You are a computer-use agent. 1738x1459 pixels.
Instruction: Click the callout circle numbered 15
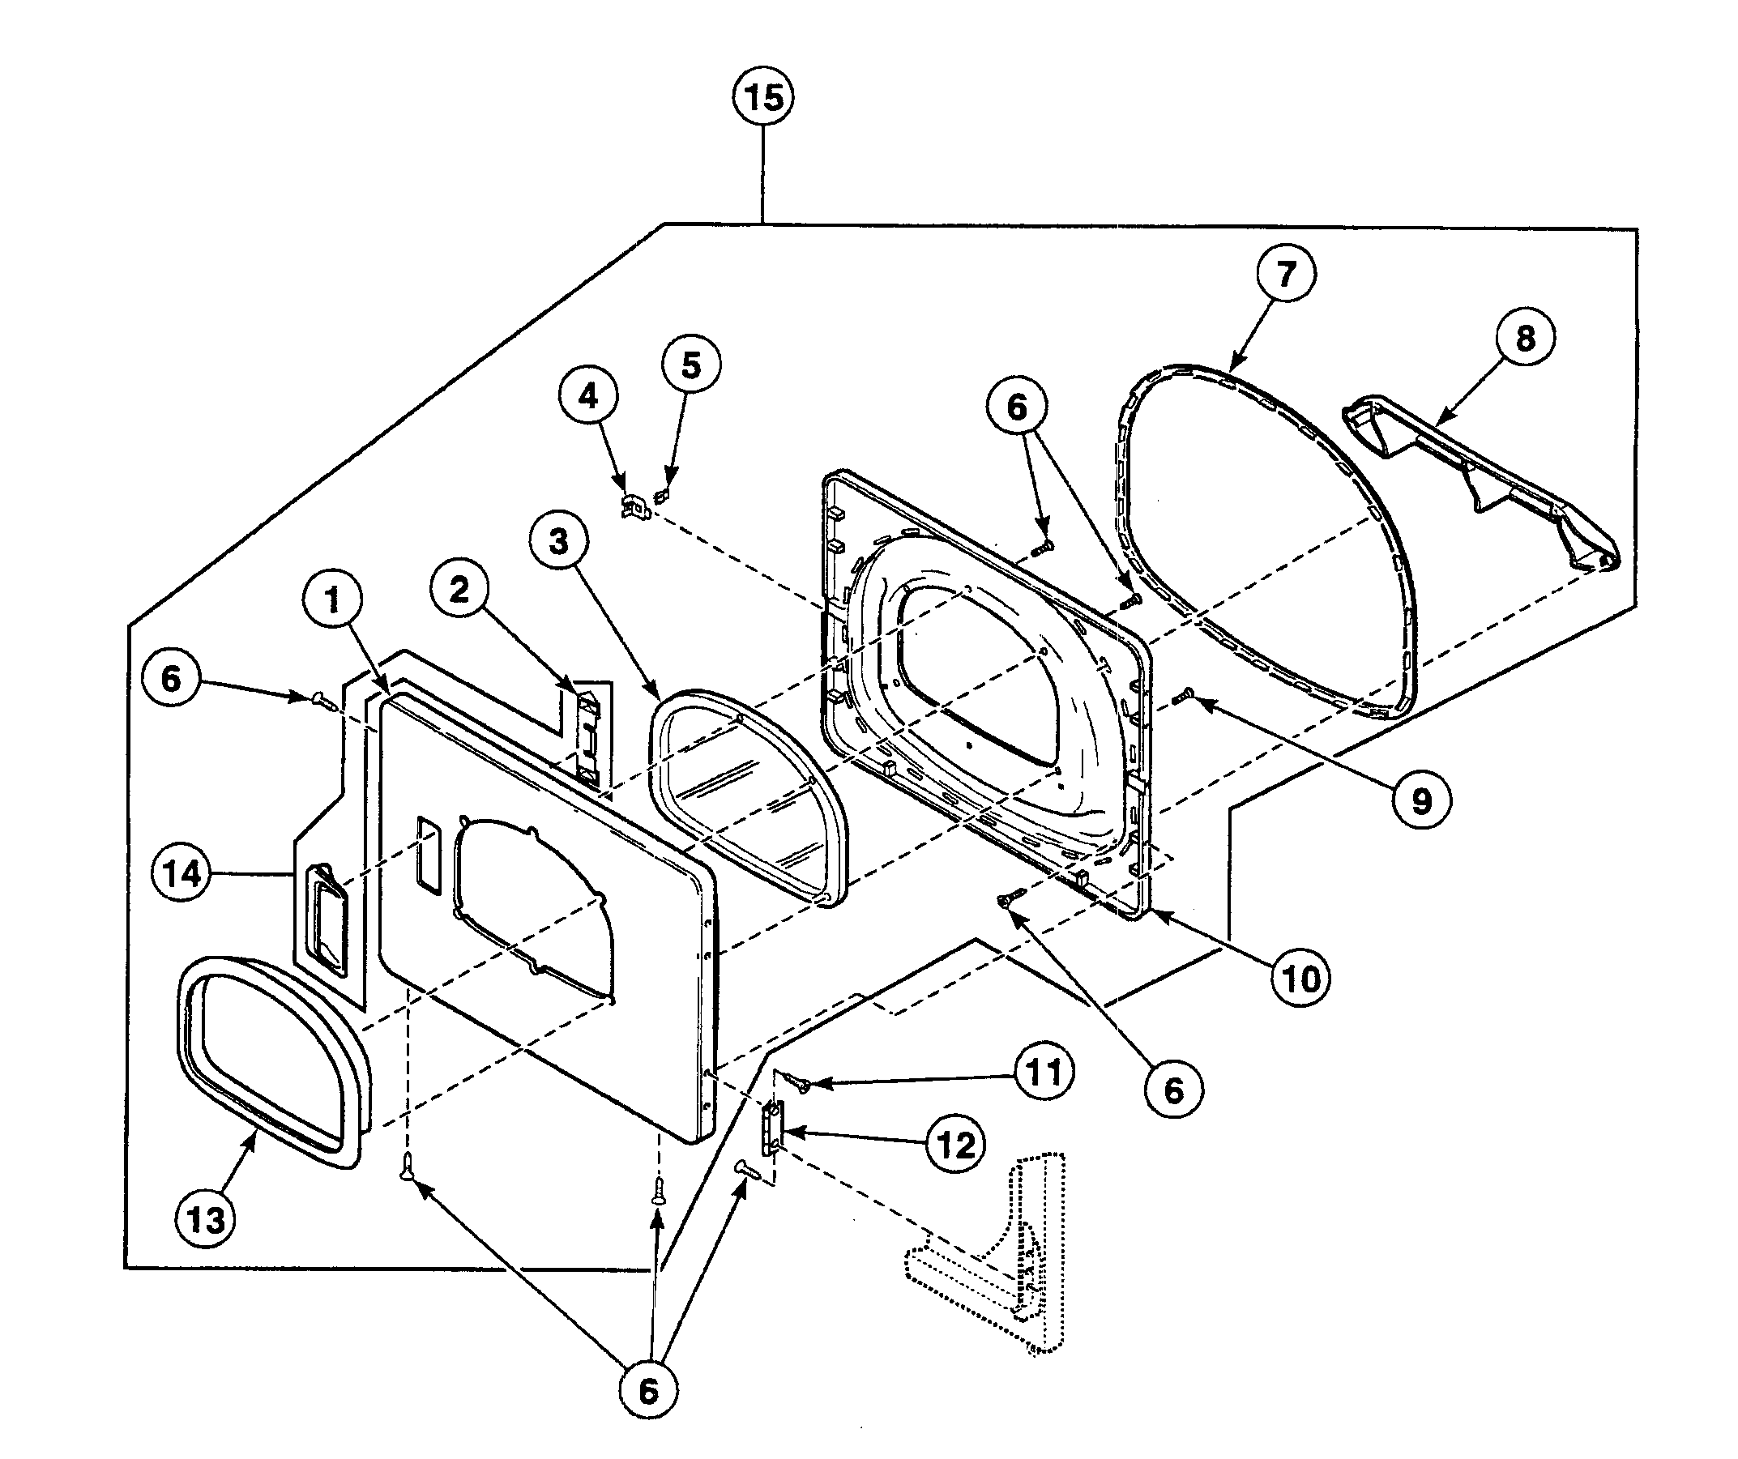coord(763,98)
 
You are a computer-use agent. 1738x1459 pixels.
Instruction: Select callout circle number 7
coord(1285,273)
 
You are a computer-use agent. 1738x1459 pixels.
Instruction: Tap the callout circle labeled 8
coord(1524,338)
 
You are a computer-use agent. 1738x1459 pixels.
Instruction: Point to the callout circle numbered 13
coord(205,1219)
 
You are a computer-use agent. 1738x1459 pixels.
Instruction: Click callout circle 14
coord(182,874)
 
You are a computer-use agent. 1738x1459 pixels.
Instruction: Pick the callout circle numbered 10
coord(1301,979)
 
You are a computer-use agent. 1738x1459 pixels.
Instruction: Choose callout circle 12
coord(956,1145)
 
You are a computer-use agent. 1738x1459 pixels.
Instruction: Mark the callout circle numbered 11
coord(1044,1073)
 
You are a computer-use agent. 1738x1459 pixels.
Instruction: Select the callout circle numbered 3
coord(558,541)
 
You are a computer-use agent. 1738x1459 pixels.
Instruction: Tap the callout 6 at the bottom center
coord(648,1391)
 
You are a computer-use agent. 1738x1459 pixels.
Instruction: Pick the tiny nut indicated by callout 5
coord(660,497)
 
